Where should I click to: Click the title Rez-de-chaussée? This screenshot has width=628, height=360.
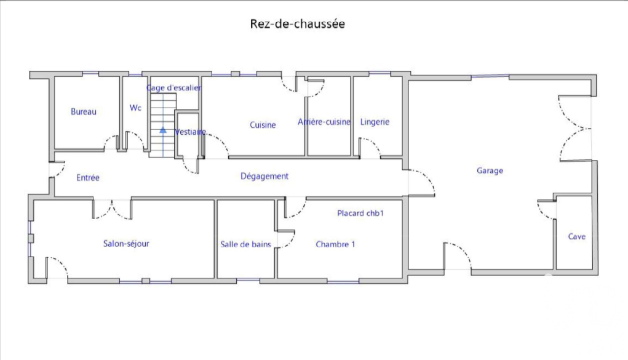point(297,24)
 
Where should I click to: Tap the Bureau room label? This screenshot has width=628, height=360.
point(84,112)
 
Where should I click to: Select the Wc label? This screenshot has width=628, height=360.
point(135,108)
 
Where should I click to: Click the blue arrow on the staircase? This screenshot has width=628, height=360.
point(163,142)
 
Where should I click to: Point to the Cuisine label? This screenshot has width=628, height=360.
point(263,125)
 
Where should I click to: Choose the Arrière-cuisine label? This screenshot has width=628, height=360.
point(324,122)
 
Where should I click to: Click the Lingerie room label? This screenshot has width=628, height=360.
point(375,122)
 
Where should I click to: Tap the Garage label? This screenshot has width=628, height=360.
point(490,171)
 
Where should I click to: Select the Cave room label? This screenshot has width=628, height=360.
point(577,236)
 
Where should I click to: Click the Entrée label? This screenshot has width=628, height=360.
point(88,178)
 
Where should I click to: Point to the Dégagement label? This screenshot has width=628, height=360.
point(264,177)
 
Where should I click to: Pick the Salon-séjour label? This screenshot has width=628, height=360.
point(126,244)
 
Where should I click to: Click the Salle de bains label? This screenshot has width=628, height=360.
point(245,244)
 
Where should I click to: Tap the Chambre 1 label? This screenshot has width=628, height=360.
point(335,244)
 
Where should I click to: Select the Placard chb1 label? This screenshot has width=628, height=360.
point(360,214)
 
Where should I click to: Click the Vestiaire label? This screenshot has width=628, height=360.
point(190,132)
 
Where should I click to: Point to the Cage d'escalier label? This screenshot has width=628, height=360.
point(174,88)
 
